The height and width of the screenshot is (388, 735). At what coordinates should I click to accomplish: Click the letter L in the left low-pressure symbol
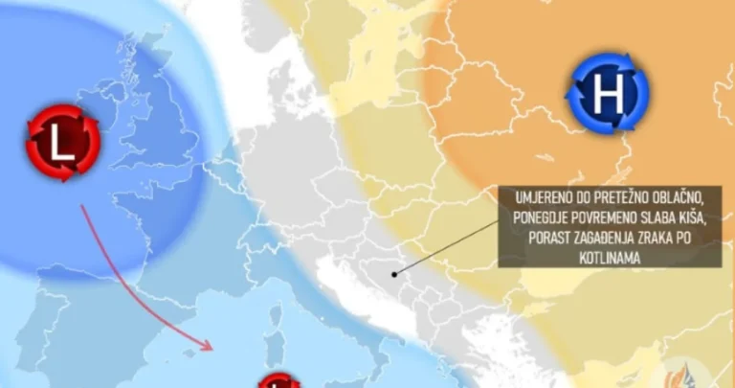pos(62,144)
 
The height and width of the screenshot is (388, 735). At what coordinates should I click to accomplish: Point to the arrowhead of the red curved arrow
pos(208,342)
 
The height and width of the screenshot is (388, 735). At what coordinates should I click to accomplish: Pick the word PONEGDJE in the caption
pos(542,217)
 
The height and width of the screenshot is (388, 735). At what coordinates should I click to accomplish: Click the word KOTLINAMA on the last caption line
pos(542,256)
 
